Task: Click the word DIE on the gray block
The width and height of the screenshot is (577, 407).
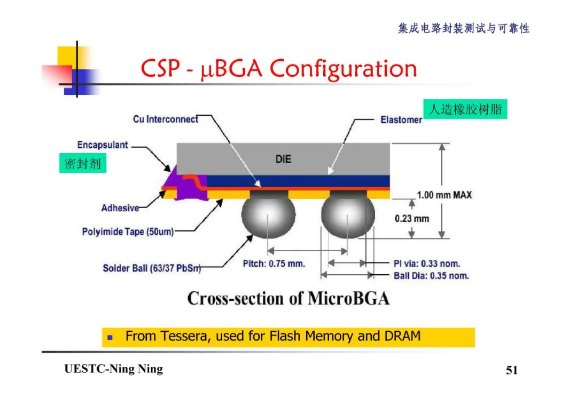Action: click(283, 158)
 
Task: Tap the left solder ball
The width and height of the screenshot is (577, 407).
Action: click(268, 216)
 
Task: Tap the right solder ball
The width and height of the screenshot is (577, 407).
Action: click(347, 216)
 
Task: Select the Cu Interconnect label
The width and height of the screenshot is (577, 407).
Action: click(165, 119)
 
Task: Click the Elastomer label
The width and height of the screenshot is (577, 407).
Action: click(401, 120)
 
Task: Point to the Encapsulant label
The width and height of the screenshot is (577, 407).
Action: click(103, 145)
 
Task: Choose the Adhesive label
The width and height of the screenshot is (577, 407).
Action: click(120, 208)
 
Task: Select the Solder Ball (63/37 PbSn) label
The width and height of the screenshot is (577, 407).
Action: click(152, 268)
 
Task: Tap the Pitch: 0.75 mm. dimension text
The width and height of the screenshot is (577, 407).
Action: click(274, 264)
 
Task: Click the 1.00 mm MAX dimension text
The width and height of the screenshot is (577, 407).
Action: click(445, 195)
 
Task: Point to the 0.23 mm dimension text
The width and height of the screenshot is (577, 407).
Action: click(412, 219)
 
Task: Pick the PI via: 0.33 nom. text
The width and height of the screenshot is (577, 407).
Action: click(426, 264)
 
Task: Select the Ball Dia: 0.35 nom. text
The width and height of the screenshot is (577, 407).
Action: click(431, 276)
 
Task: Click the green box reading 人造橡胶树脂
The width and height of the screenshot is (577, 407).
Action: click(465, 109)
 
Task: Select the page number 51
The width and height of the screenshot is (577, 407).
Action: click(511, 370)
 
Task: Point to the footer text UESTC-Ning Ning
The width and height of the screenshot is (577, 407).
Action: click(113, 369)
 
